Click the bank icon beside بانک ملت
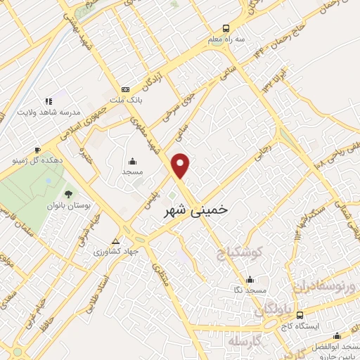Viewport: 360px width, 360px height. tap(125, 89)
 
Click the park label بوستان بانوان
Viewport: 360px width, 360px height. tap(69, 206)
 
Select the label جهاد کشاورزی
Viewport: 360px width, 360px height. tap(118, 250)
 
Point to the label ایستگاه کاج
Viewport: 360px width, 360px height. tap(300, 326)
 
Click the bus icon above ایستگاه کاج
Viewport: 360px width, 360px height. tap(300, 315)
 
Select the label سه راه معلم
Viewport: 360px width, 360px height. tap(225, 39)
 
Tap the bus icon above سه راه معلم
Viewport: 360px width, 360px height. tap(225, 29)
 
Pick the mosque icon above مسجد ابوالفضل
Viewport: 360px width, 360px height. tap(337, 335)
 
